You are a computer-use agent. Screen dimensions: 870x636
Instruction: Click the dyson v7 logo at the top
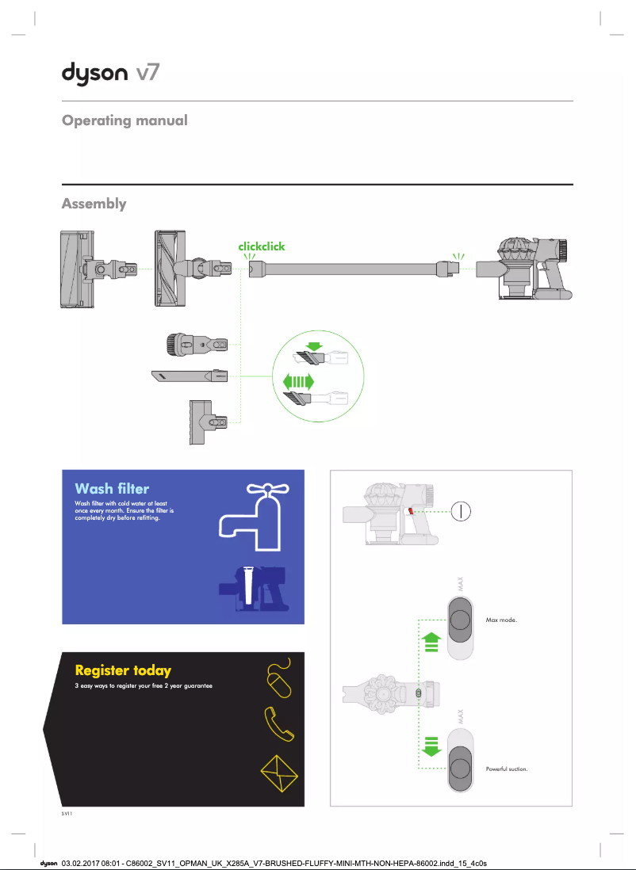[111, 73]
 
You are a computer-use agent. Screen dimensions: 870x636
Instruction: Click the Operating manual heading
[125, 121]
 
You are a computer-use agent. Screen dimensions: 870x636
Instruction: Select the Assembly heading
[94, 204]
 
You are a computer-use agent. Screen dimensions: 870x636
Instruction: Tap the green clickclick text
[261, 246]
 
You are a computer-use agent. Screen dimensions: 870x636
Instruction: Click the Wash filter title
[112, 488]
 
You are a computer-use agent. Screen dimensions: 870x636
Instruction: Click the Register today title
[123, 671]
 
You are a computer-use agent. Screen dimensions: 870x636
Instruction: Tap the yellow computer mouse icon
[278, 677]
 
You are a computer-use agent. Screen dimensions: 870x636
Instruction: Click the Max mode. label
[500, 620]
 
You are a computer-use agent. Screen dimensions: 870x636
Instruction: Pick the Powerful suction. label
[506, 769]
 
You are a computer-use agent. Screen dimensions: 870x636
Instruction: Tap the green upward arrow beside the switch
[431, 641]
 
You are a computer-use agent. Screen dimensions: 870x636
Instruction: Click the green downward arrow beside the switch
[431, 746]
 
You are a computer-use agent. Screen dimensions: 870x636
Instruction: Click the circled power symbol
[461, 510]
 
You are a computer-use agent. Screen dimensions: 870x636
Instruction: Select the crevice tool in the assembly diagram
[190, 376]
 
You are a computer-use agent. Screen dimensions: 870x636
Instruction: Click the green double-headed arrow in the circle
[299, 382]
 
